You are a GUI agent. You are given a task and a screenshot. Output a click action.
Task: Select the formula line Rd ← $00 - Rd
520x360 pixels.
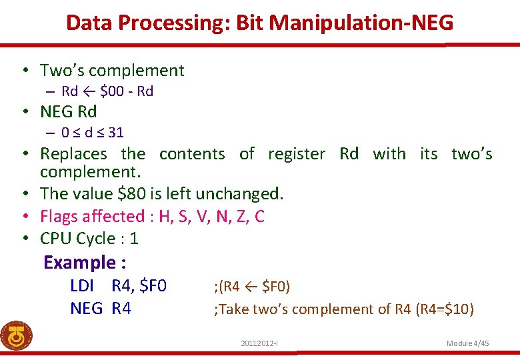coord(107,91)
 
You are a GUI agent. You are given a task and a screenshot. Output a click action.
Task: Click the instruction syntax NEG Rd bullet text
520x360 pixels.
coord(68,111)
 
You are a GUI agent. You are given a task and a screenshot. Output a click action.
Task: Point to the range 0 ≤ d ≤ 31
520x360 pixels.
coord(92,132)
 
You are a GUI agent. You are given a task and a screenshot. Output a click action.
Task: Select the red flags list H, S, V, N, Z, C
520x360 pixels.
coord(211,216)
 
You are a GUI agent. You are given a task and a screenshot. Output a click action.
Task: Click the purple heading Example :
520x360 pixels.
coord(85,263)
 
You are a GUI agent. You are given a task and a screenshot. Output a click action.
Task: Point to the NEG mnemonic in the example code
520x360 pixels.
coord(86,308)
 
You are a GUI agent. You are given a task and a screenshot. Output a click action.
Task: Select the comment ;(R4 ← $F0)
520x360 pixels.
coord(251,287)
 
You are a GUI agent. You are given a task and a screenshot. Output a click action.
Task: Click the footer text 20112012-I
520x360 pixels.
coord(259,343)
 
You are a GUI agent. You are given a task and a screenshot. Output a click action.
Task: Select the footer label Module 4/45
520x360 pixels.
coord(467,343)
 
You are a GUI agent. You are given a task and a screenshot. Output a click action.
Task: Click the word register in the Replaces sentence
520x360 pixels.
coord(296,154)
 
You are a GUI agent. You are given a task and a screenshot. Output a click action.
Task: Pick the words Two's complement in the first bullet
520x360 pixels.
coord(112,70)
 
